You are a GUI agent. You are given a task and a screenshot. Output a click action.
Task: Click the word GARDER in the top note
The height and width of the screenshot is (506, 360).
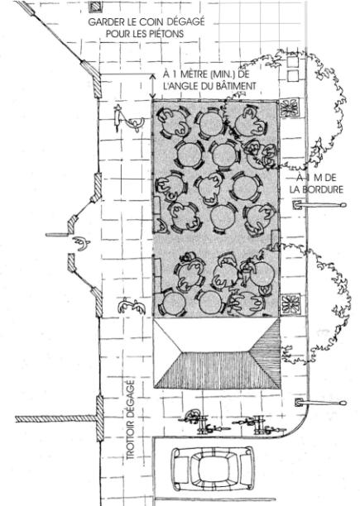coord(102,22)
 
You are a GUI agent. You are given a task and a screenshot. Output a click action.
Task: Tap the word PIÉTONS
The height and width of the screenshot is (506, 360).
coord(166,34)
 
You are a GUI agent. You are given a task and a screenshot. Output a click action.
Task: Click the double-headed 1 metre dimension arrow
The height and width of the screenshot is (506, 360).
coord(153,86)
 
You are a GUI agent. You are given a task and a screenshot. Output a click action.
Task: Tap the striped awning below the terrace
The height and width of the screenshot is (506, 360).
coord(217,353)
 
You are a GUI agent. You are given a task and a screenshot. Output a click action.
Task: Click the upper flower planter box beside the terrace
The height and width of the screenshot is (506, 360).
coord(290,107)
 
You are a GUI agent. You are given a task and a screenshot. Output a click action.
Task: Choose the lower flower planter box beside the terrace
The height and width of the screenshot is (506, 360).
coord(290,303)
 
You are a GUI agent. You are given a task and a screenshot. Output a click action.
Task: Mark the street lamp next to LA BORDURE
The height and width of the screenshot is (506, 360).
coord(319,204)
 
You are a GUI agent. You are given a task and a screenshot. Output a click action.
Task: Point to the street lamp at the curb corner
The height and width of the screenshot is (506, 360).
coord(320,403)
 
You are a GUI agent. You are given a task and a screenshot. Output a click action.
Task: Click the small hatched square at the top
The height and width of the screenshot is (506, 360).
coord(96,7)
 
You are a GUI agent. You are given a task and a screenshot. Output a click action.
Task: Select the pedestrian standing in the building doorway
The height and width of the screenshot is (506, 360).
coord(81,243)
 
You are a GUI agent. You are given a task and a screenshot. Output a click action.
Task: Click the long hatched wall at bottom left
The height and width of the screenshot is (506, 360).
coord(55,419)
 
